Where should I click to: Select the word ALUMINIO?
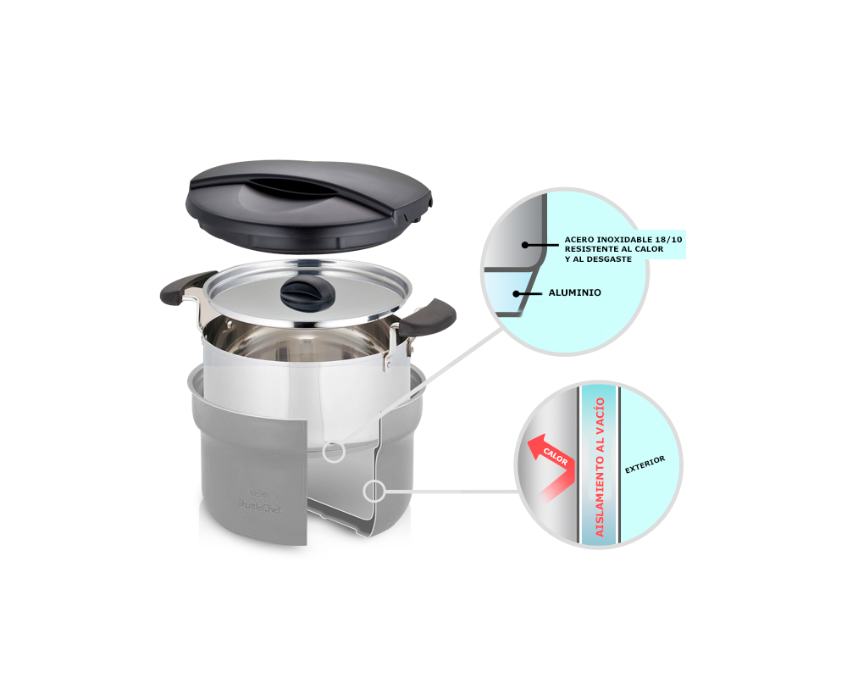pyautogui.click(x=574, y=292)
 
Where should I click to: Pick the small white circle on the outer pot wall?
pyautogui.click(x=374, y=490)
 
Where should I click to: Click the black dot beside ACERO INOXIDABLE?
pyautogui.click(x=525, y=245)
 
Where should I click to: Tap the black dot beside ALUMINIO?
pyautogui.click(x=517, y=293)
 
